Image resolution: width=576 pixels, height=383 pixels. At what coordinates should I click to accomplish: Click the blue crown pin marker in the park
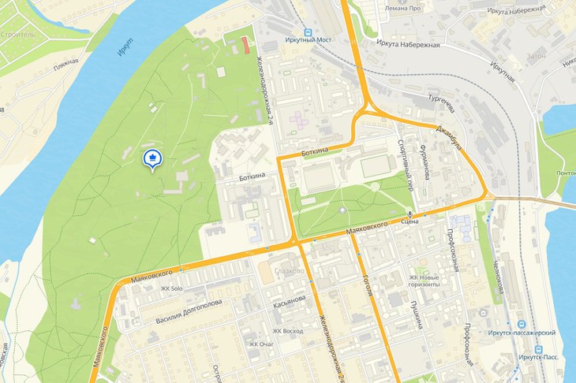(151, 158)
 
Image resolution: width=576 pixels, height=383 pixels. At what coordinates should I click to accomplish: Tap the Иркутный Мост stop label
(311, 39)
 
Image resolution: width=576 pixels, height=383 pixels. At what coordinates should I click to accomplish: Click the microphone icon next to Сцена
(410, 214)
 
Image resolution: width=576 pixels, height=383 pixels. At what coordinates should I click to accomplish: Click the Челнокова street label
(498, 277)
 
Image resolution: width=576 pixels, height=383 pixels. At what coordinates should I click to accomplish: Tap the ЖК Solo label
(171, 288)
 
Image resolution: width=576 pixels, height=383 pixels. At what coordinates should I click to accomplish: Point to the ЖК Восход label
(288, 331)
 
